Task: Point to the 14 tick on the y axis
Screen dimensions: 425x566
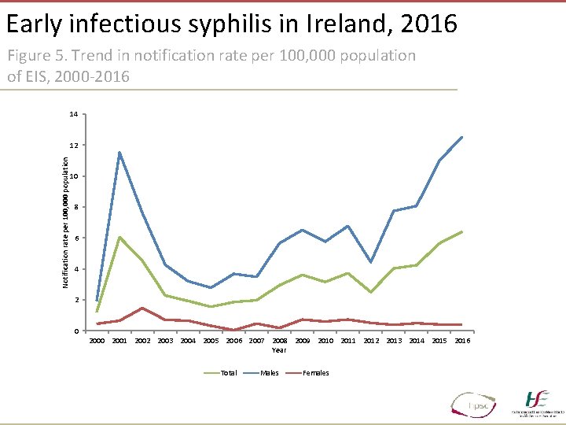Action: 73,115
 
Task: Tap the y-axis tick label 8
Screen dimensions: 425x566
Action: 75,207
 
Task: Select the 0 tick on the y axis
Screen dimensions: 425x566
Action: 75,331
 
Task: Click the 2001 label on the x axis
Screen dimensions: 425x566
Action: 119,341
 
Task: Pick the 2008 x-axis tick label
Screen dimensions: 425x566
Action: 279,341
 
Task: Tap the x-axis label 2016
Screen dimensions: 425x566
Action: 462,341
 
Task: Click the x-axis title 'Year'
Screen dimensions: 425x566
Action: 279,350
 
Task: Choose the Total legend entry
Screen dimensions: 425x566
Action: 227,373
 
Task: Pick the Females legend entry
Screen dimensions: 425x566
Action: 316,373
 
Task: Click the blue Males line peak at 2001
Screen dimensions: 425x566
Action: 119,153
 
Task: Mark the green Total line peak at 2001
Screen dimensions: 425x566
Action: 119,237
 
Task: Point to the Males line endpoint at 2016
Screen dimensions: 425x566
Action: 462,137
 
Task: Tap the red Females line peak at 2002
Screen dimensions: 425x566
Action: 142,308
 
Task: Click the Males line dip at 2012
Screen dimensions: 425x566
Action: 370,262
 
